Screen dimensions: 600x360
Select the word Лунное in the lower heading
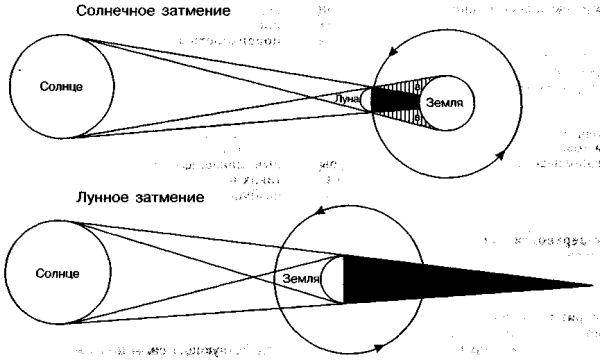click(x=102, y=199)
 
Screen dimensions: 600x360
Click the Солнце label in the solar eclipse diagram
click(x=63, y=87)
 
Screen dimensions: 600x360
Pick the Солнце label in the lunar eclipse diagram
click(x=56, y=273)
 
